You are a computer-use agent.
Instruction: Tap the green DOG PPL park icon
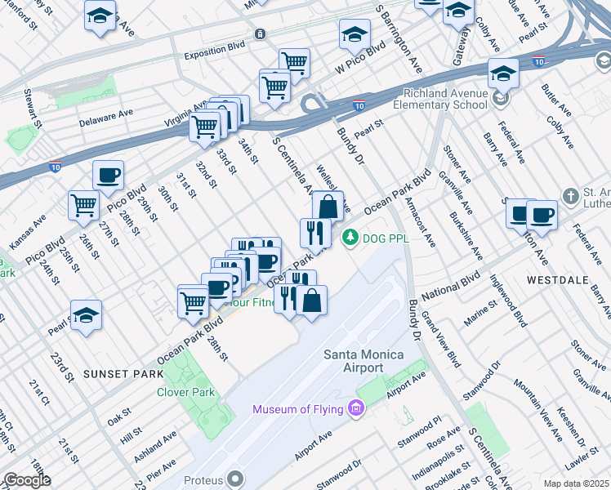[350, 238]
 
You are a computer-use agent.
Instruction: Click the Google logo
[27, 479]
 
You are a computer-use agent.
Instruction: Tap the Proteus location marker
[235, 477]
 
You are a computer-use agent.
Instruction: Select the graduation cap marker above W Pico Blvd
[355, 34]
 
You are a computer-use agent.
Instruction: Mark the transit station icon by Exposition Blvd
[260, 34]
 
